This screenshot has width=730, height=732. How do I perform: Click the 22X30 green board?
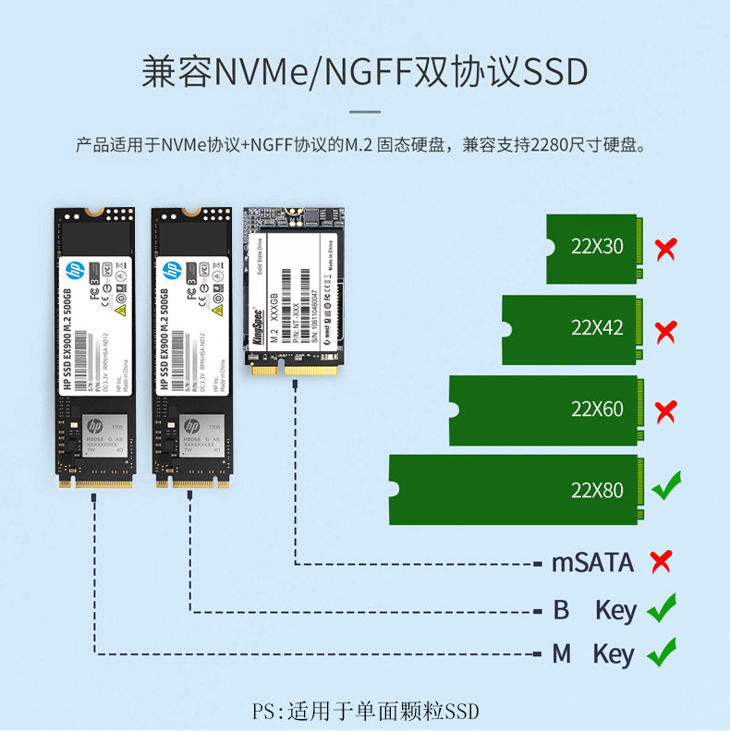coord(592,249)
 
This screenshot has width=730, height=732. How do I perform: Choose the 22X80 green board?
coord(514,490)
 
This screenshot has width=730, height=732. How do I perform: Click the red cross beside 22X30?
coord(664,249)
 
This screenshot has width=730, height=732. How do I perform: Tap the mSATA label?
coord(592,562)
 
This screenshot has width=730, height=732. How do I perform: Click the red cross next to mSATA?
coord(661,561)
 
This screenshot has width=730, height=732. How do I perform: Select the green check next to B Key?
coord(662,609)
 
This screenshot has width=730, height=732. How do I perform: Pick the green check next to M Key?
coord(662,653)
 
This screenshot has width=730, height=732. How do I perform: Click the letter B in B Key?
coord(560,611)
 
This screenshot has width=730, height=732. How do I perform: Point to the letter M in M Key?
coord(562,654)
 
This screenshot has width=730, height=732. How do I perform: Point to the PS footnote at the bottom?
coord(366,712)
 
